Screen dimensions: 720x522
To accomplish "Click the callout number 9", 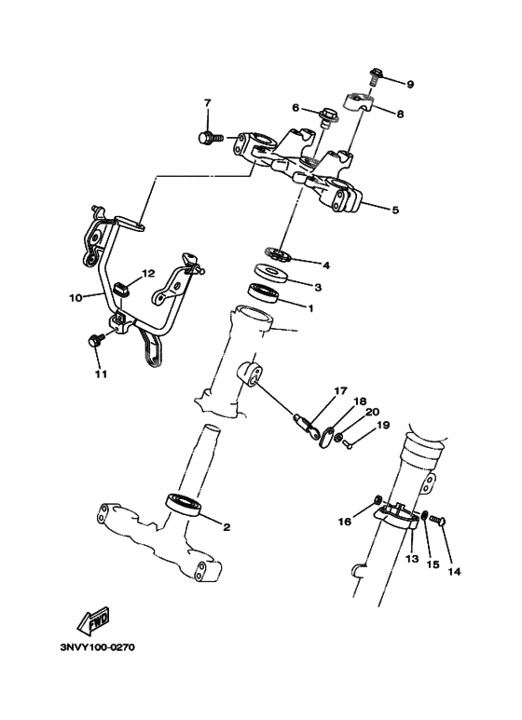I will point(409,84).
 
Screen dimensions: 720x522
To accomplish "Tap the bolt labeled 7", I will point(209,138).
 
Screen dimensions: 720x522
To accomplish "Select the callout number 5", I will point(394,211).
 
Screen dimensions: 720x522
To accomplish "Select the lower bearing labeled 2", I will point(185,504).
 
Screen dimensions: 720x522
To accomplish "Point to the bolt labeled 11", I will point(94,341).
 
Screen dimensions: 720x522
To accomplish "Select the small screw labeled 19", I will point(348,445).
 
